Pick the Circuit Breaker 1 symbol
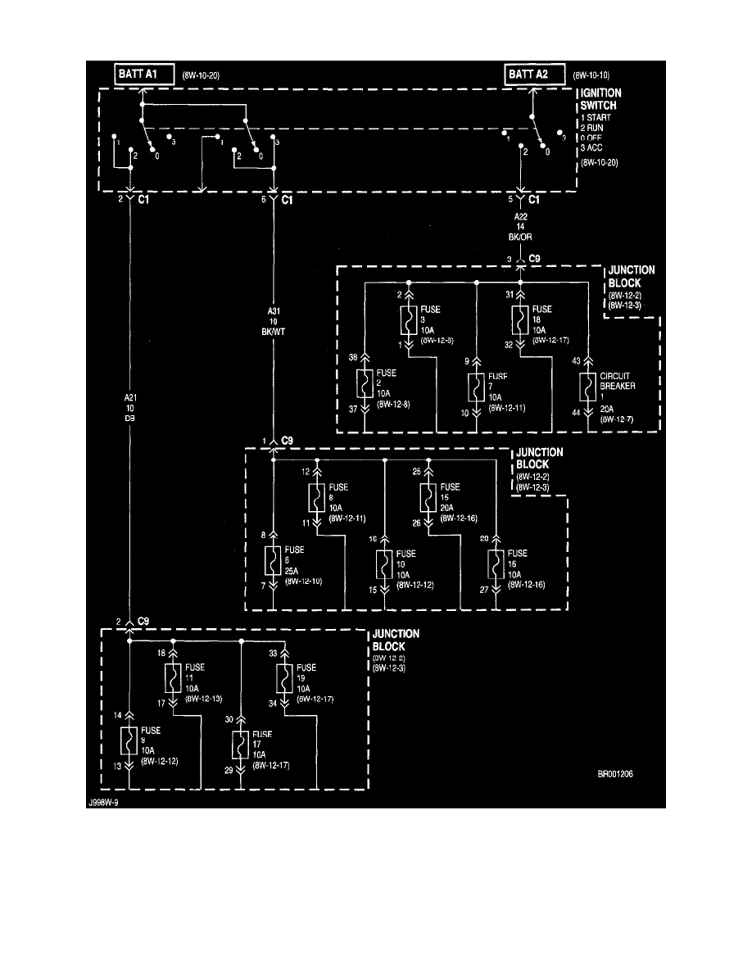click(x=587, y=384)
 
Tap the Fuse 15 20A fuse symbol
click(x=428, y=498)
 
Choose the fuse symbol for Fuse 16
click(x=496, y=564)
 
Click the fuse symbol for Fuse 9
click(x=129, y=740)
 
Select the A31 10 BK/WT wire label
click(x=274, y=323)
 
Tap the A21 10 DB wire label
click(x=129, y=407)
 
